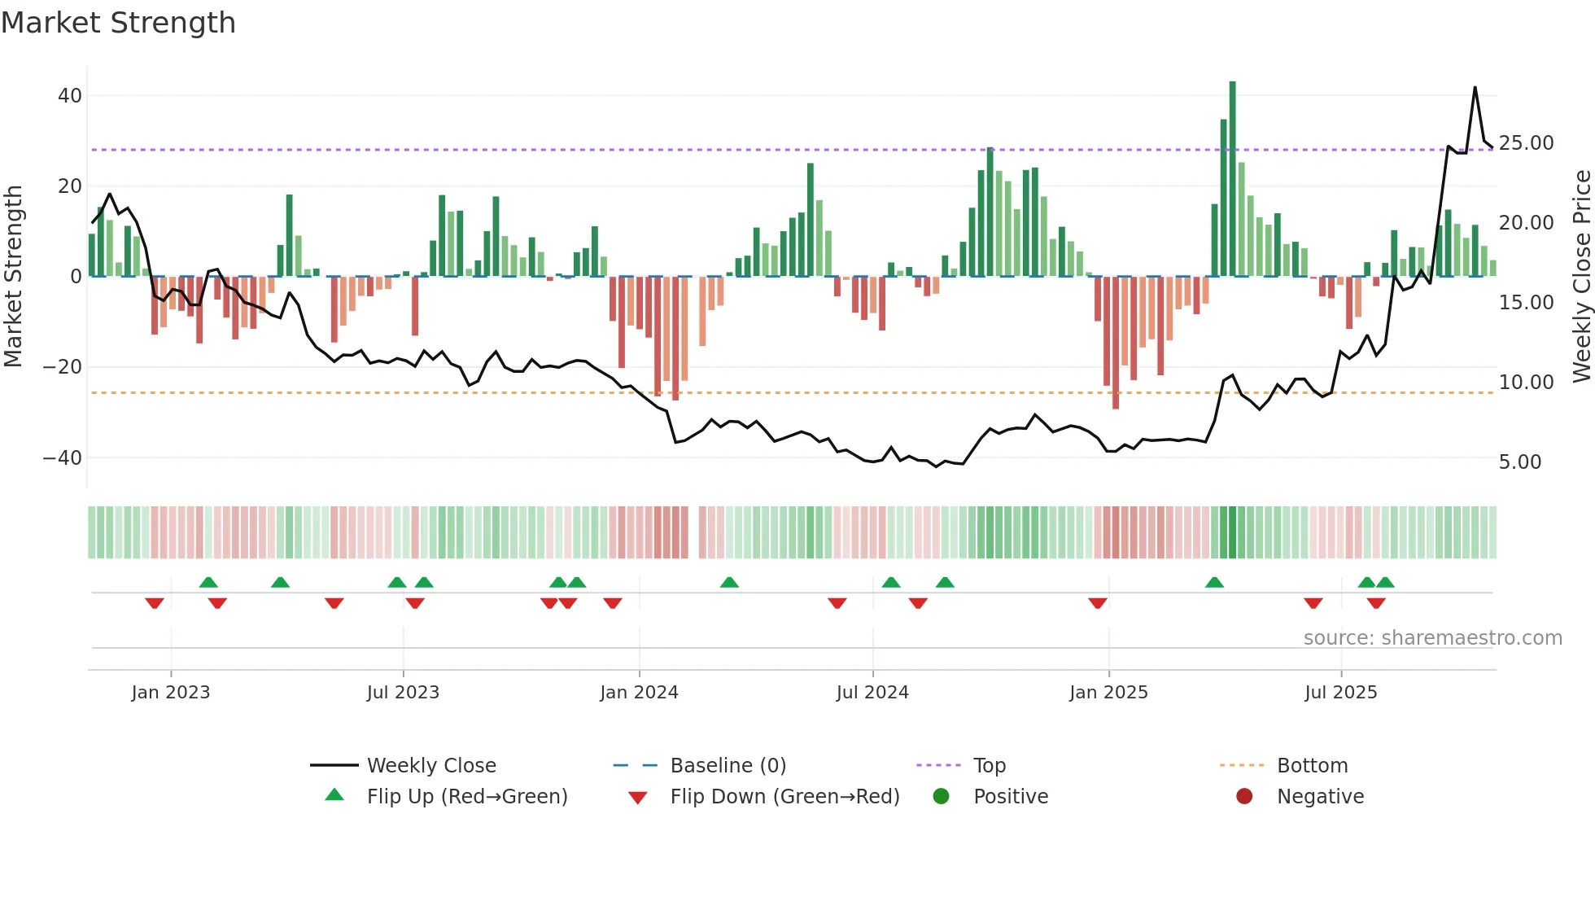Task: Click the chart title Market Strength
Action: coord(119,23)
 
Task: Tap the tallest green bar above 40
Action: coord(1232,179)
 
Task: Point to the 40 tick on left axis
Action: coord(70,96)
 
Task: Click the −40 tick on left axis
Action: coord(63,458)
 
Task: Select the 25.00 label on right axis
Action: coord(1526,143)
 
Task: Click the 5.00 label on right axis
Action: coord(1520,462)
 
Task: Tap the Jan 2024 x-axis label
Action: coord(639,693)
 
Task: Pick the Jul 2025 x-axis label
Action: coord(1340,693)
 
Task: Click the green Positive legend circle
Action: coord(942,797)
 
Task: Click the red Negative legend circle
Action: coord(1244,797)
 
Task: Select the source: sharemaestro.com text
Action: coord(1432,638)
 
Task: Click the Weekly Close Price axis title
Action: coord(1581,277)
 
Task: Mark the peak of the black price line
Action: coord(1475,88)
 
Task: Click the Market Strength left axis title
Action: coord(14,277)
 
